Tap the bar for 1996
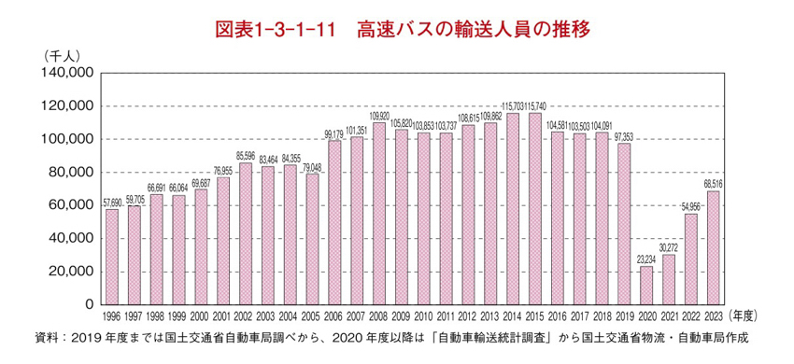pyautogui.click(x=112, y=257)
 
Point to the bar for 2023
pyautogui.click(x=713, y=247)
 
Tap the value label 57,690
pyautogui.click(x=112, y=203)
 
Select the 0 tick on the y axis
pyautogui.click(x=88, y=304)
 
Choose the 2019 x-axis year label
pyautogui.click(x=623, y=317)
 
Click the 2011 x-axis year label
pyautogui.click(x=446, y=317)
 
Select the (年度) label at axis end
pyautogui.click(x=748, y=317)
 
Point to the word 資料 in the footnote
pyautogui.click(x=47, y=337)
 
